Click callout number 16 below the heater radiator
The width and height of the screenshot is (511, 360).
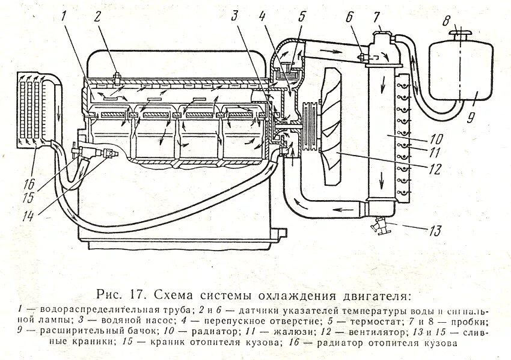tap(29, 184)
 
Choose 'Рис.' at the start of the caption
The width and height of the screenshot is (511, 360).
tap(110, 295)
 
